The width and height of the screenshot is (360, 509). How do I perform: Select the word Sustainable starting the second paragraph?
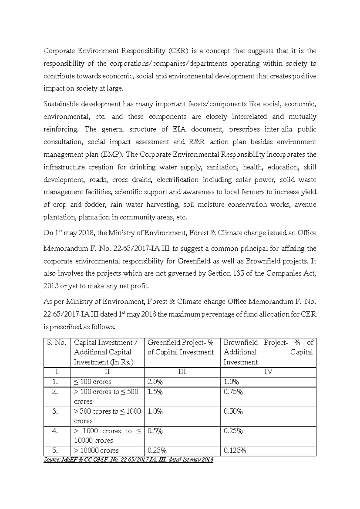point(61,104)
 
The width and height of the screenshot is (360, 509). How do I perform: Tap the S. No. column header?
point(56,343)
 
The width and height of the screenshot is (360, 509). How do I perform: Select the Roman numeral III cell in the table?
point(182,372)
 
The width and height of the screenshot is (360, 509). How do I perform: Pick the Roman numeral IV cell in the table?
point(268,372)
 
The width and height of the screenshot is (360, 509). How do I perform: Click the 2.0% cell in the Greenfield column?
point(155,382)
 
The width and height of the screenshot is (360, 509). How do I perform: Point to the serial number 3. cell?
point(55,411)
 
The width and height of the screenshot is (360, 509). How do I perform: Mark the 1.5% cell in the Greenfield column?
point(155,392)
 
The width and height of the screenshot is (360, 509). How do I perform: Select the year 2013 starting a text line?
point(51,286)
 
